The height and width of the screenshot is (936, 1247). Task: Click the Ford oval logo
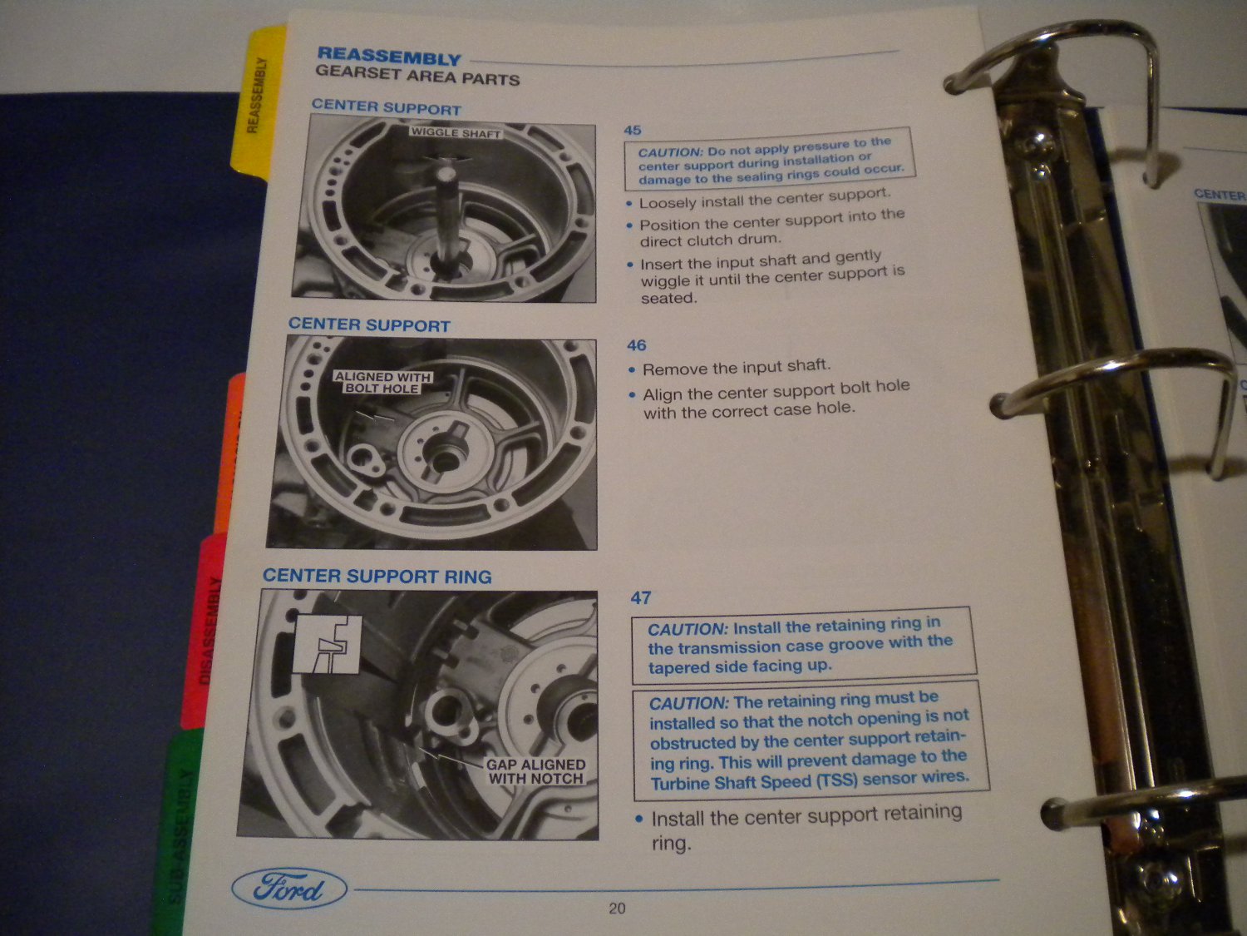[289, 889]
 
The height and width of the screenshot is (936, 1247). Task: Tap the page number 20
[617, 909]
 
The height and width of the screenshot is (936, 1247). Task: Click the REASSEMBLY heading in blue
[388, 57]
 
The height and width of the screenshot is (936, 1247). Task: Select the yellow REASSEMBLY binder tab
[258, 100]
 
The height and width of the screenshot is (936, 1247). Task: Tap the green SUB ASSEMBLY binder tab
[179, 840]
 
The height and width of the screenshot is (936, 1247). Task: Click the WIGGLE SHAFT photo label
[456, 132]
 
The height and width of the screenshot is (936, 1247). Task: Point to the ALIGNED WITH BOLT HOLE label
[382, 382]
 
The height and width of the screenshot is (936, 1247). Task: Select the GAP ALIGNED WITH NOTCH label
[535, 771]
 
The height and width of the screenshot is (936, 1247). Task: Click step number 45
[633, 130]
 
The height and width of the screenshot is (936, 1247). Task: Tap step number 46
[636, 345]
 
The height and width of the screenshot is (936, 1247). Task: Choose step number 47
[640, 597]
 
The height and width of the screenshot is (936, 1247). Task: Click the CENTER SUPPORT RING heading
[377, 576]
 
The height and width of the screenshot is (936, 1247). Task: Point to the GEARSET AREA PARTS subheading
[417, 77]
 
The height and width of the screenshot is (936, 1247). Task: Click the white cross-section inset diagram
[328, 644]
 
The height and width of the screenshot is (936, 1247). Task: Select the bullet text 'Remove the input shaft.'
[736, 367]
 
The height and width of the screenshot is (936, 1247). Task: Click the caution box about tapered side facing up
[802, 645]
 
